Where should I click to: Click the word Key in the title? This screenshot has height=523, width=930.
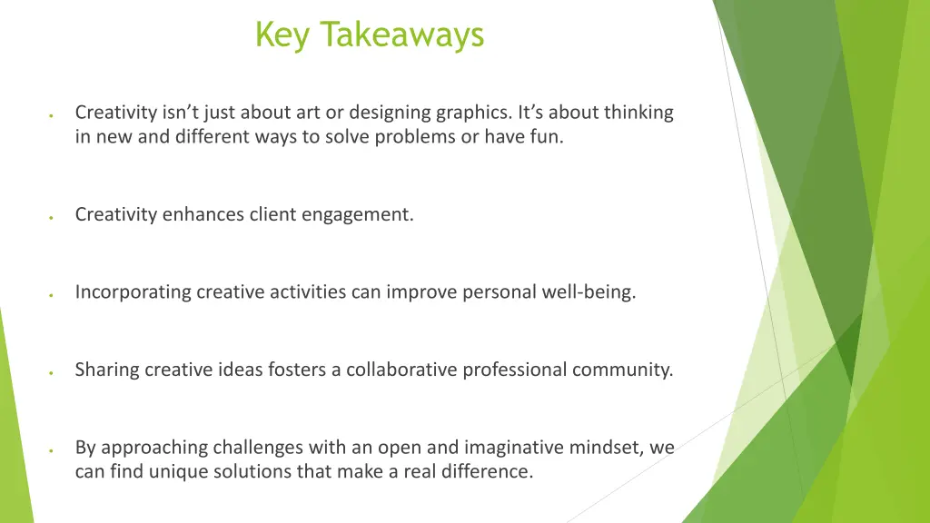click(x=283, y=35)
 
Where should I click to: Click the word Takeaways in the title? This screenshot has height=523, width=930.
click(x=403, y=35)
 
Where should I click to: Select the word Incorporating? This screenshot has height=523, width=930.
click(x=134, y=292)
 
